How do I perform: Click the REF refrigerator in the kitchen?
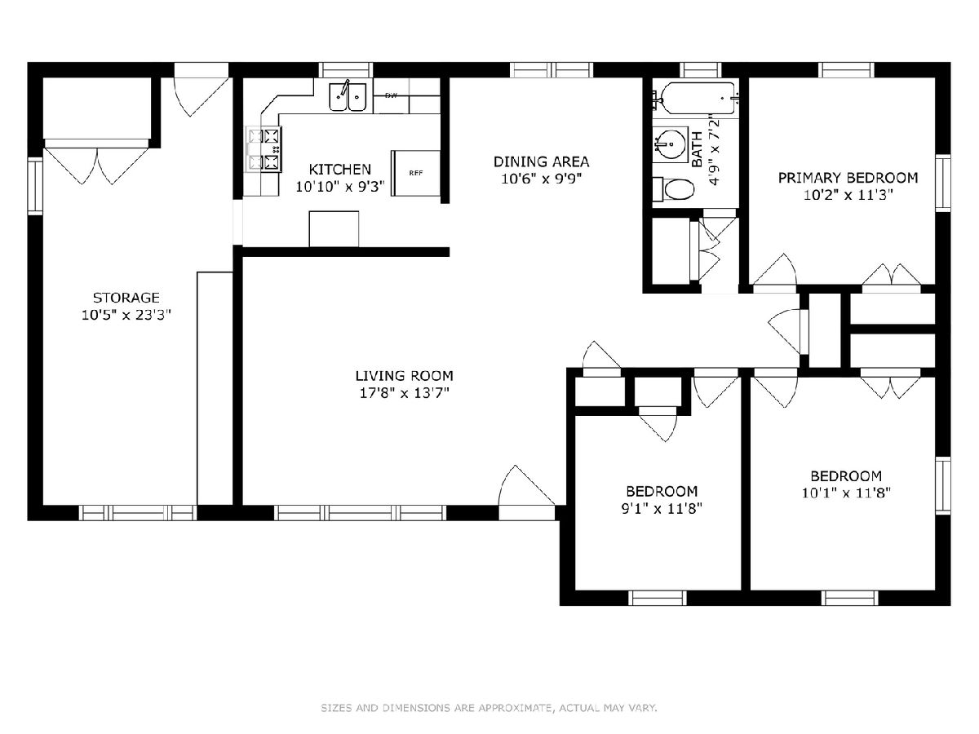(x=416, y=173)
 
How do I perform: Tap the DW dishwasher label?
(x=391, y=95)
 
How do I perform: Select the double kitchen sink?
(x=348, y=97)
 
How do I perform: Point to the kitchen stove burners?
(x=264, y=149)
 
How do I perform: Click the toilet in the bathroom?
(x=674, y=189)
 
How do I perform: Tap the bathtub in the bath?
(x=696, y=98)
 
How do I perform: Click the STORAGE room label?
(x=126, y=297)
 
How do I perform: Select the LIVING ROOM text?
(x=404, y=376)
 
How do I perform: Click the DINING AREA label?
(x=541, y=161)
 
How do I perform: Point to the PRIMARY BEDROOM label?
(x=848, y=178)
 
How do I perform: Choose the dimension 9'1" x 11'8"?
(x=662, y=508)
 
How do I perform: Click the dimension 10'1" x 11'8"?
(x=846, y=493)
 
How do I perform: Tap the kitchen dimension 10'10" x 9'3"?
(x=340, y=186)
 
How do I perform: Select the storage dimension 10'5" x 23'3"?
(x=126, y=315)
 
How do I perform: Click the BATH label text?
(x=697, y=149)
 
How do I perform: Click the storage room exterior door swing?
(x=202, y=95)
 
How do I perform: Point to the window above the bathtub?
(x=700, y=70)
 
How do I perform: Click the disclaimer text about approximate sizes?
(x=489, y=707)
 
